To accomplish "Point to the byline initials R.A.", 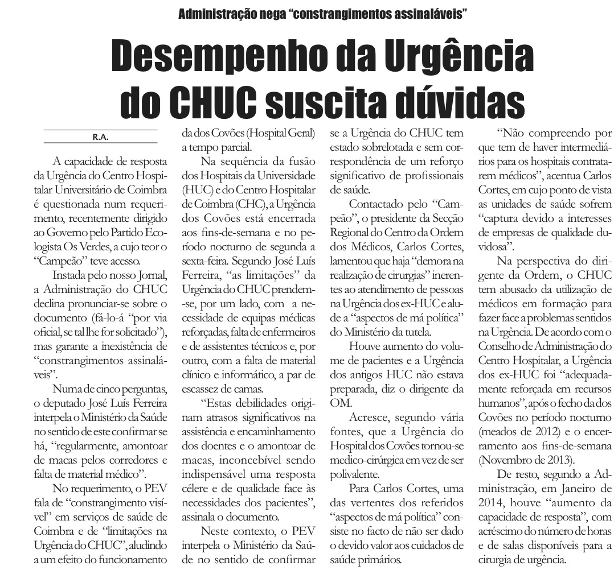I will point(100,137).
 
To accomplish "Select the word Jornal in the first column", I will point(153,276).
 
